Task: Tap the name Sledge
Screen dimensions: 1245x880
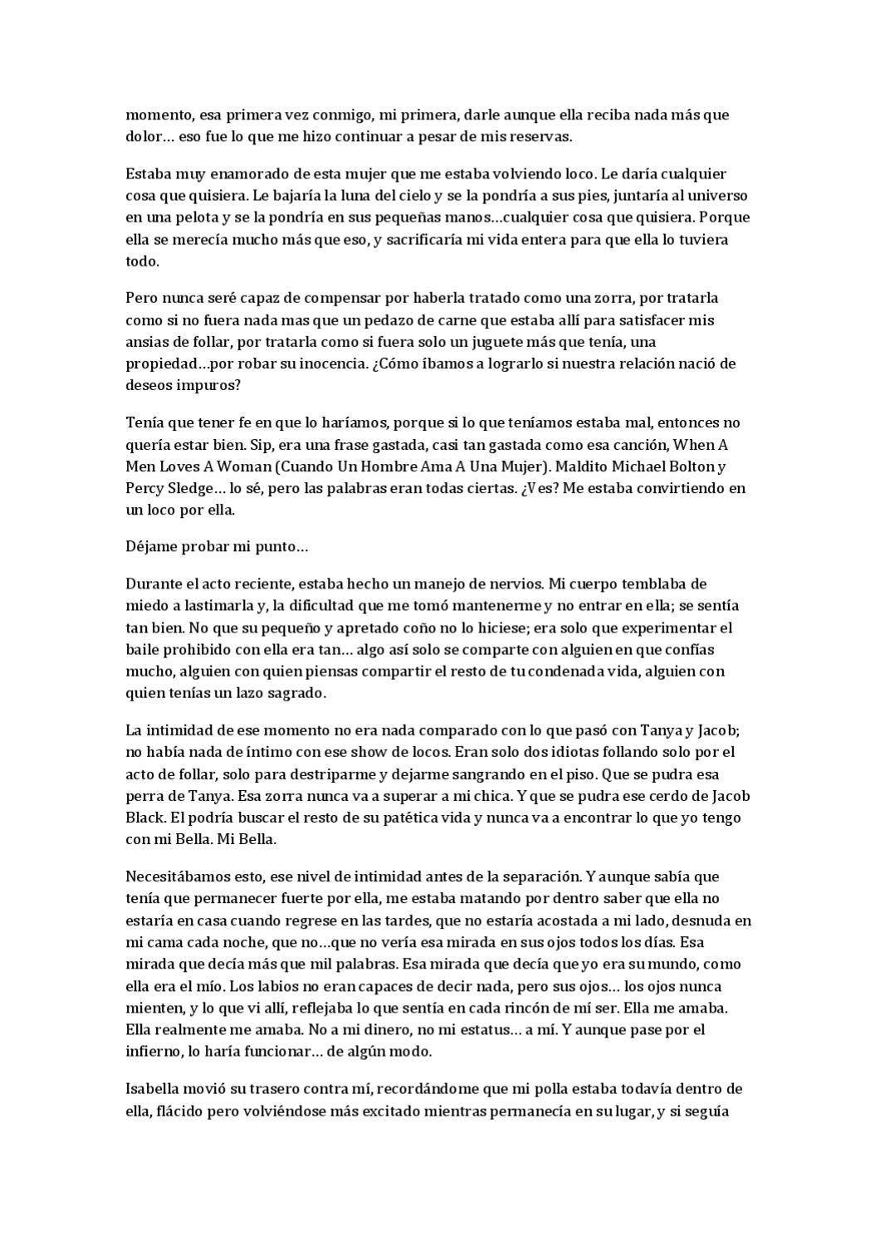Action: [190, 488]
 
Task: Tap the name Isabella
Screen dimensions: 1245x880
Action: [156, 1089]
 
